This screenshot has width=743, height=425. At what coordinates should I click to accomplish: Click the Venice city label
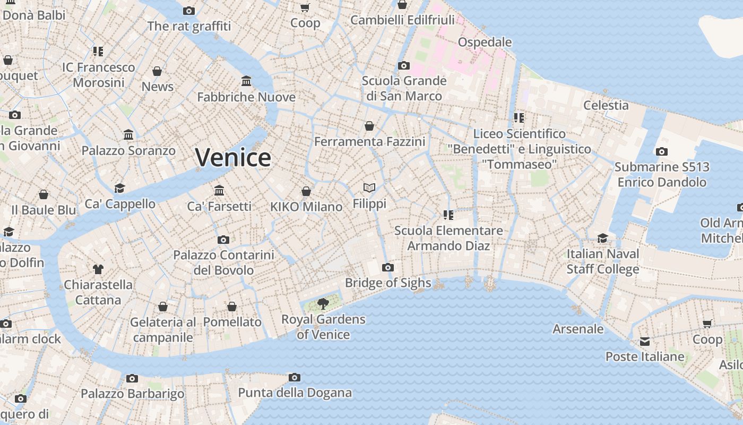[x=233, y=158]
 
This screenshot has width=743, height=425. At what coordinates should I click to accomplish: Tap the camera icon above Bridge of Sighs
[x=388, y=267]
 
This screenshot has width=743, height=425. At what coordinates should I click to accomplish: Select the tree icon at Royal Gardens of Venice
[x=323, y=304]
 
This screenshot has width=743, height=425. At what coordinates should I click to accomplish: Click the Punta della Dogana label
[x=295, y=393]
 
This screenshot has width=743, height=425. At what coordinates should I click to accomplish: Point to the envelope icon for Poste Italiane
[x=645, y=342]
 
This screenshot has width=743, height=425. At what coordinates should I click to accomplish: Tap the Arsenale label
[x=578, y=329]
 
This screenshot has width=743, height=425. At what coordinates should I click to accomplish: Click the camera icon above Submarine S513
[x=661, y=152]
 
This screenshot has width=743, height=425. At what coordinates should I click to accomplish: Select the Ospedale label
[x=485, y=42]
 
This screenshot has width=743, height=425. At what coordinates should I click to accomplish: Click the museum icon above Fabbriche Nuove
[x=246, y=81]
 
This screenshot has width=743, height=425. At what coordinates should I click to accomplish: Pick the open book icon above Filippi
[x=369, y=188]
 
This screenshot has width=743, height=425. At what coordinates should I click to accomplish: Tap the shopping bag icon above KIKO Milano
[x=306, y=191]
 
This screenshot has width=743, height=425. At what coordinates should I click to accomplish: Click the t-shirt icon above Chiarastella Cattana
[x=98, y=269]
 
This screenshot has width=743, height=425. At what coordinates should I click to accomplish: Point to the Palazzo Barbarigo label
[x=133, y=394]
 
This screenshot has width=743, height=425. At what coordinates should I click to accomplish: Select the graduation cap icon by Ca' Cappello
[x=120, y=188]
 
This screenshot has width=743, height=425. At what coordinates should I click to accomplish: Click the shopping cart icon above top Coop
[x=305, y=7]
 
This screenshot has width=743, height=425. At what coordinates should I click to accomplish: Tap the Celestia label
[x=606, y=105]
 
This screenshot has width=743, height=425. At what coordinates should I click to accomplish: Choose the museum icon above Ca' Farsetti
[x=219, y=190]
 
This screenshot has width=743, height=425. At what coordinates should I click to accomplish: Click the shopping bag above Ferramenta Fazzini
[x=369, y=126]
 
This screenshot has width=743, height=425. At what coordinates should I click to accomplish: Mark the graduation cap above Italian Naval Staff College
[x=602, y=238]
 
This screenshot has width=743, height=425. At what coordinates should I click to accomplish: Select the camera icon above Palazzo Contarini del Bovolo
[x=223, y=240]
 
